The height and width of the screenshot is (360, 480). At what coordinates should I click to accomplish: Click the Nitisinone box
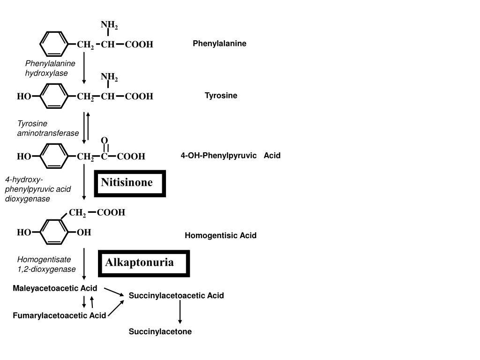pos(130,183)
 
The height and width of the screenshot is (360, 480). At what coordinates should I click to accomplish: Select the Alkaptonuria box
pos(144,263)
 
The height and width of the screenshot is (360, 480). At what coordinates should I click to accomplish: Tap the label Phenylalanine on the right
pos(219,44)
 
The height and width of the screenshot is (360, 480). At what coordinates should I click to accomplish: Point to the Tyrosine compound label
pos(221,96)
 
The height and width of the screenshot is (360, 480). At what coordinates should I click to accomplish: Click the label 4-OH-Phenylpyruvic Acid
pos(230,156)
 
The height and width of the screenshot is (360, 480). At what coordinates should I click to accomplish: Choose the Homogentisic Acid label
pos(220,235)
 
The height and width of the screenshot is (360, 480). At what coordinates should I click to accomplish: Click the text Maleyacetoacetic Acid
pos(55,288)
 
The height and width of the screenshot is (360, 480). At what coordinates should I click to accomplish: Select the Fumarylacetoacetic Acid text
pos(59,315)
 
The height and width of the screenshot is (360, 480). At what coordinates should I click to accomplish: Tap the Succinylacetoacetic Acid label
pos(176,295)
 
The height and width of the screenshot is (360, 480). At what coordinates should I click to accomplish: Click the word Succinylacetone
pos(160,331)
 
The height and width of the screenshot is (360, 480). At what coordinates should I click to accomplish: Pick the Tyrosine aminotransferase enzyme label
pos(48,128)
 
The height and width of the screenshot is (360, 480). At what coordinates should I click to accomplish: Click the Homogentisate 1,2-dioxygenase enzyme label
pos(46,264)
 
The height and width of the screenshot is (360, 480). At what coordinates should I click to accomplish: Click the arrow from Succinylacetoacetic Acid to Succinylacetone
pos(180,312)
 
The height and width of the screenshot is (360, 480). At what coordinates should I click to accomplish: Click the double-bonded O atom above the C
pos(105,141)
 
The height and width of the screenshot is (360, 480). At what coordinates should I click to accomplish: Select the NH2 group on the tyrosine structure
pos(109,76)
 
